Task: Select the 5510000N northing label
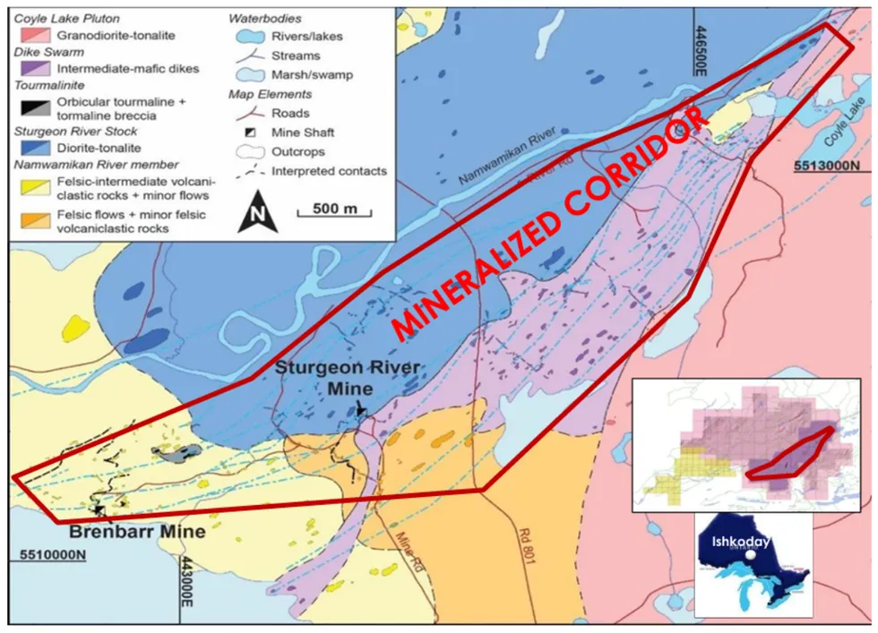pyautogui.click(x=52, y=556)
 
